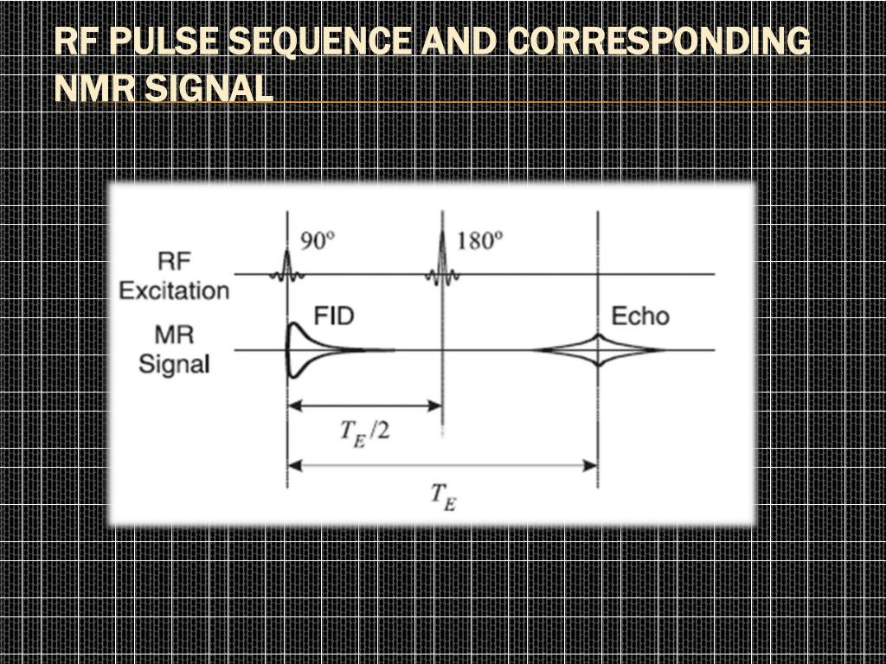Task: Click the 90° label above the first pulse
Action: pyautogui.click(x=316, y=239)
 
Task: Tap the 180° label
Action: pyautogui.click(x=478, y=239)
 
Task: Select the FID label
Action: pyautogui.click(x=333, y=316)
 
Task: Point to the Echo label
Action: pyautogui.click(x=640, y=316)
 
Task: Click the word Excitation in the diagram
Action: pyautogui.click(x=174, y=290)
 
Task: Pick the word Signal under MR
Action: pyautogui.click(x=174, y=363)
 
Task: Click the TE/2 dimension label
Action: pyautogui.click(x=363, y=429)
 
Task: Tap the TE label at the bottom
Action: pyautogui.click(x=441, y=496)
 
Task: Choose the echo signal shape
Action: pyautogui.click(x=599, y=349)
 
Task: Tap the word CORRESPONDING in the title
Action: pyautogui.click(x=658, y=41)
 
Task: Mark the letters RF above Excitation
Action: pyautogui.click(x=174, y=260)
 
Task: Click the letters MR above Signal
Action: pyautogui.click(x=174, y=335)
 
